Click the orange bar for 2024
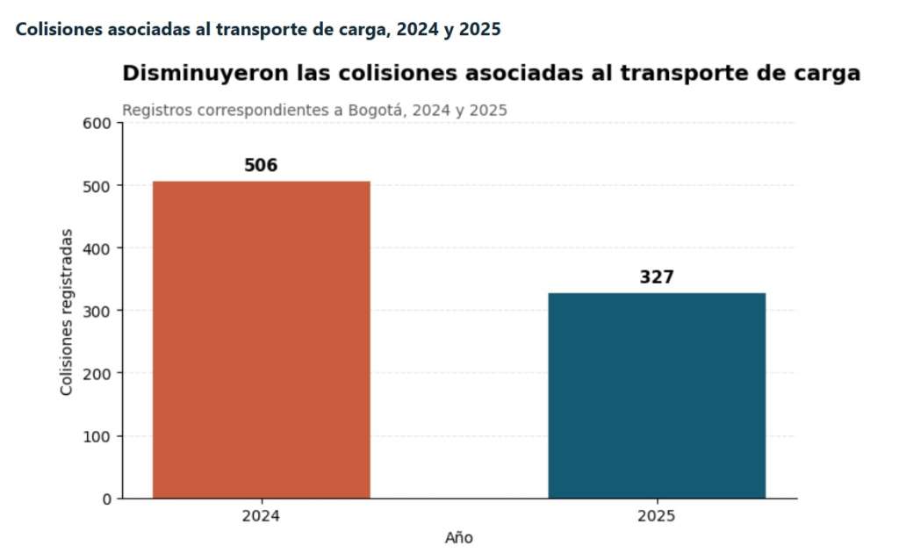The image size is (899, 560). pos(262,340)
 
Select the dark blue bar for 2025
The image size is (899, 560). pos(657,396)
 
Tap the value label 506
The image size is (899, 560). pos(261,166)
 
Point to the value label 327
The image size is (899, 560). pos(657,277)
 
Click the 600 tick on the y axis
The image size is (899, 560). pos(97,124)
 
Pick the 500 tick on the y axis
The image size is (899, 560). pos(97,187)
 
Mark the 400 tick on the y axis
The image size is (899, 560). pos(97,249)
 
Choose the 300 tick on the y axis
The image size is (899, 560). pos(97,312)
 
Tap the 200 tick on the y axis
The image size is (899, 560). pos(97,374)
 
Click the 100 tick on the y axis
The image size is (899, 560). pos(97,437)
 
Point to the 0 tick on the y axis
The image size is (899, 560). pos(106,499)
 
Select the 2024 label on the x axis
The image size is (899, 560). pos(261,516)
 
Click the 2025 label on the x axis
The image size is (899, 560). pos(657,516)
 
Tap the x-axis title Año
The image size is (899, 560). pos(458,538)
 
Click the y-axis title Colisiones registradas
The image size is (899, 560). pos(67,312)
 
